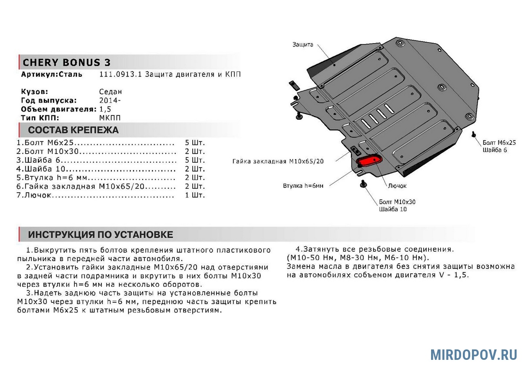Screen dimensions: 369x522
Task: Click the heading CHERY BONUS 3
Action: tap(67, 62)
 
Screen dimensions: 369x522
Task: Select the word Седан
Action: tap(110, 92)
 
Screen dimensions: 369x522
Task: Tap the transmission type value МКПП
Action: tap(110, 118)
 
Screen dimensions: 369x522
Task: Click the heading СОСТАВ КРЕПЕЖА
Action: tap(73, 130)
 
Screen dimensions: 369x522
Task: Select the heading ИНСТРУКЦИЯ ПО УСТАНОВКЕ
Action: tap(100, 235)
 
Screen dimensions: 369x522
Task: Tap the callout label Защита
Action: tap(303, 45)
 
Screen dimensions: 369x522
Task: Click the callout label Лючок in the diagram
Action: tap(397, 186)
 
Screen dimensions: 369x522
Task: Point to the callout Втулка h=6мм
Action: tap(303, 186)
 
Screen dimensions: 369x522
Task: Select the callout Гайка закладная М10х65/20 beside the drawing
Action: tap(278, 161)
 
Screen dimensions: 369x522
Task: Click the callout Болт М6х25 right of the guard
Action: tap(499, 142)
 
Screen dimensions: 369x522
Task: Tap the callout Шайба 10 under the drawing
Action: tap(393, 209)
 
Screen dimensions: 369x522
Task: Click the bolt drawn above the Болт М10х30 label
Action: tap(363, 184)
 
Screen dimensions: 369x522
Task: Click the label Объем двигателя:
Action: tap(58, 109)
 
